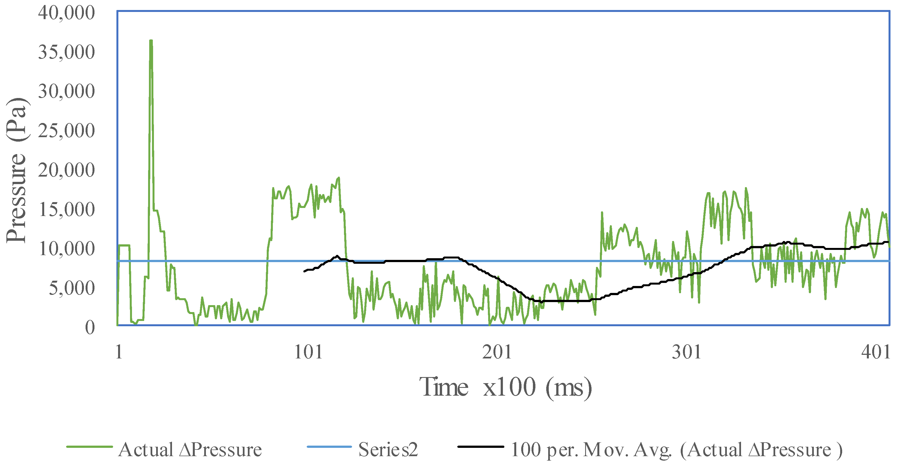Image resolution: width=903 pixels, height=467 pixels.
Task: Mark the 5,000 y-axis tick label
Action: click(71, 288)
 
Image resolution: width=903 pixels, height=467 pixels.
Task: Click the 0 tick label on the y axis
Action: click(90, 328)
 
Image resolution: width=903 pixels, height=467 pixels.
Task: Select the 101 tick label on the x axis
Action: click(308, 352)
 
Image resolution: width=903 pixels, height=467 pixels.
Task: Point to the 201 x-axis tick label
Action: click(497, 352)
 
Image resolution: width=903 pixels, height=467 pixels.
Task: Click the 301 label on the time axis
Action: click(686, 352)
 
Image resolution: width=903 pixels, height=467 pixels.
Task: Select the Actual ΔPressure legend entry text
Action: click(190, 450)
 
